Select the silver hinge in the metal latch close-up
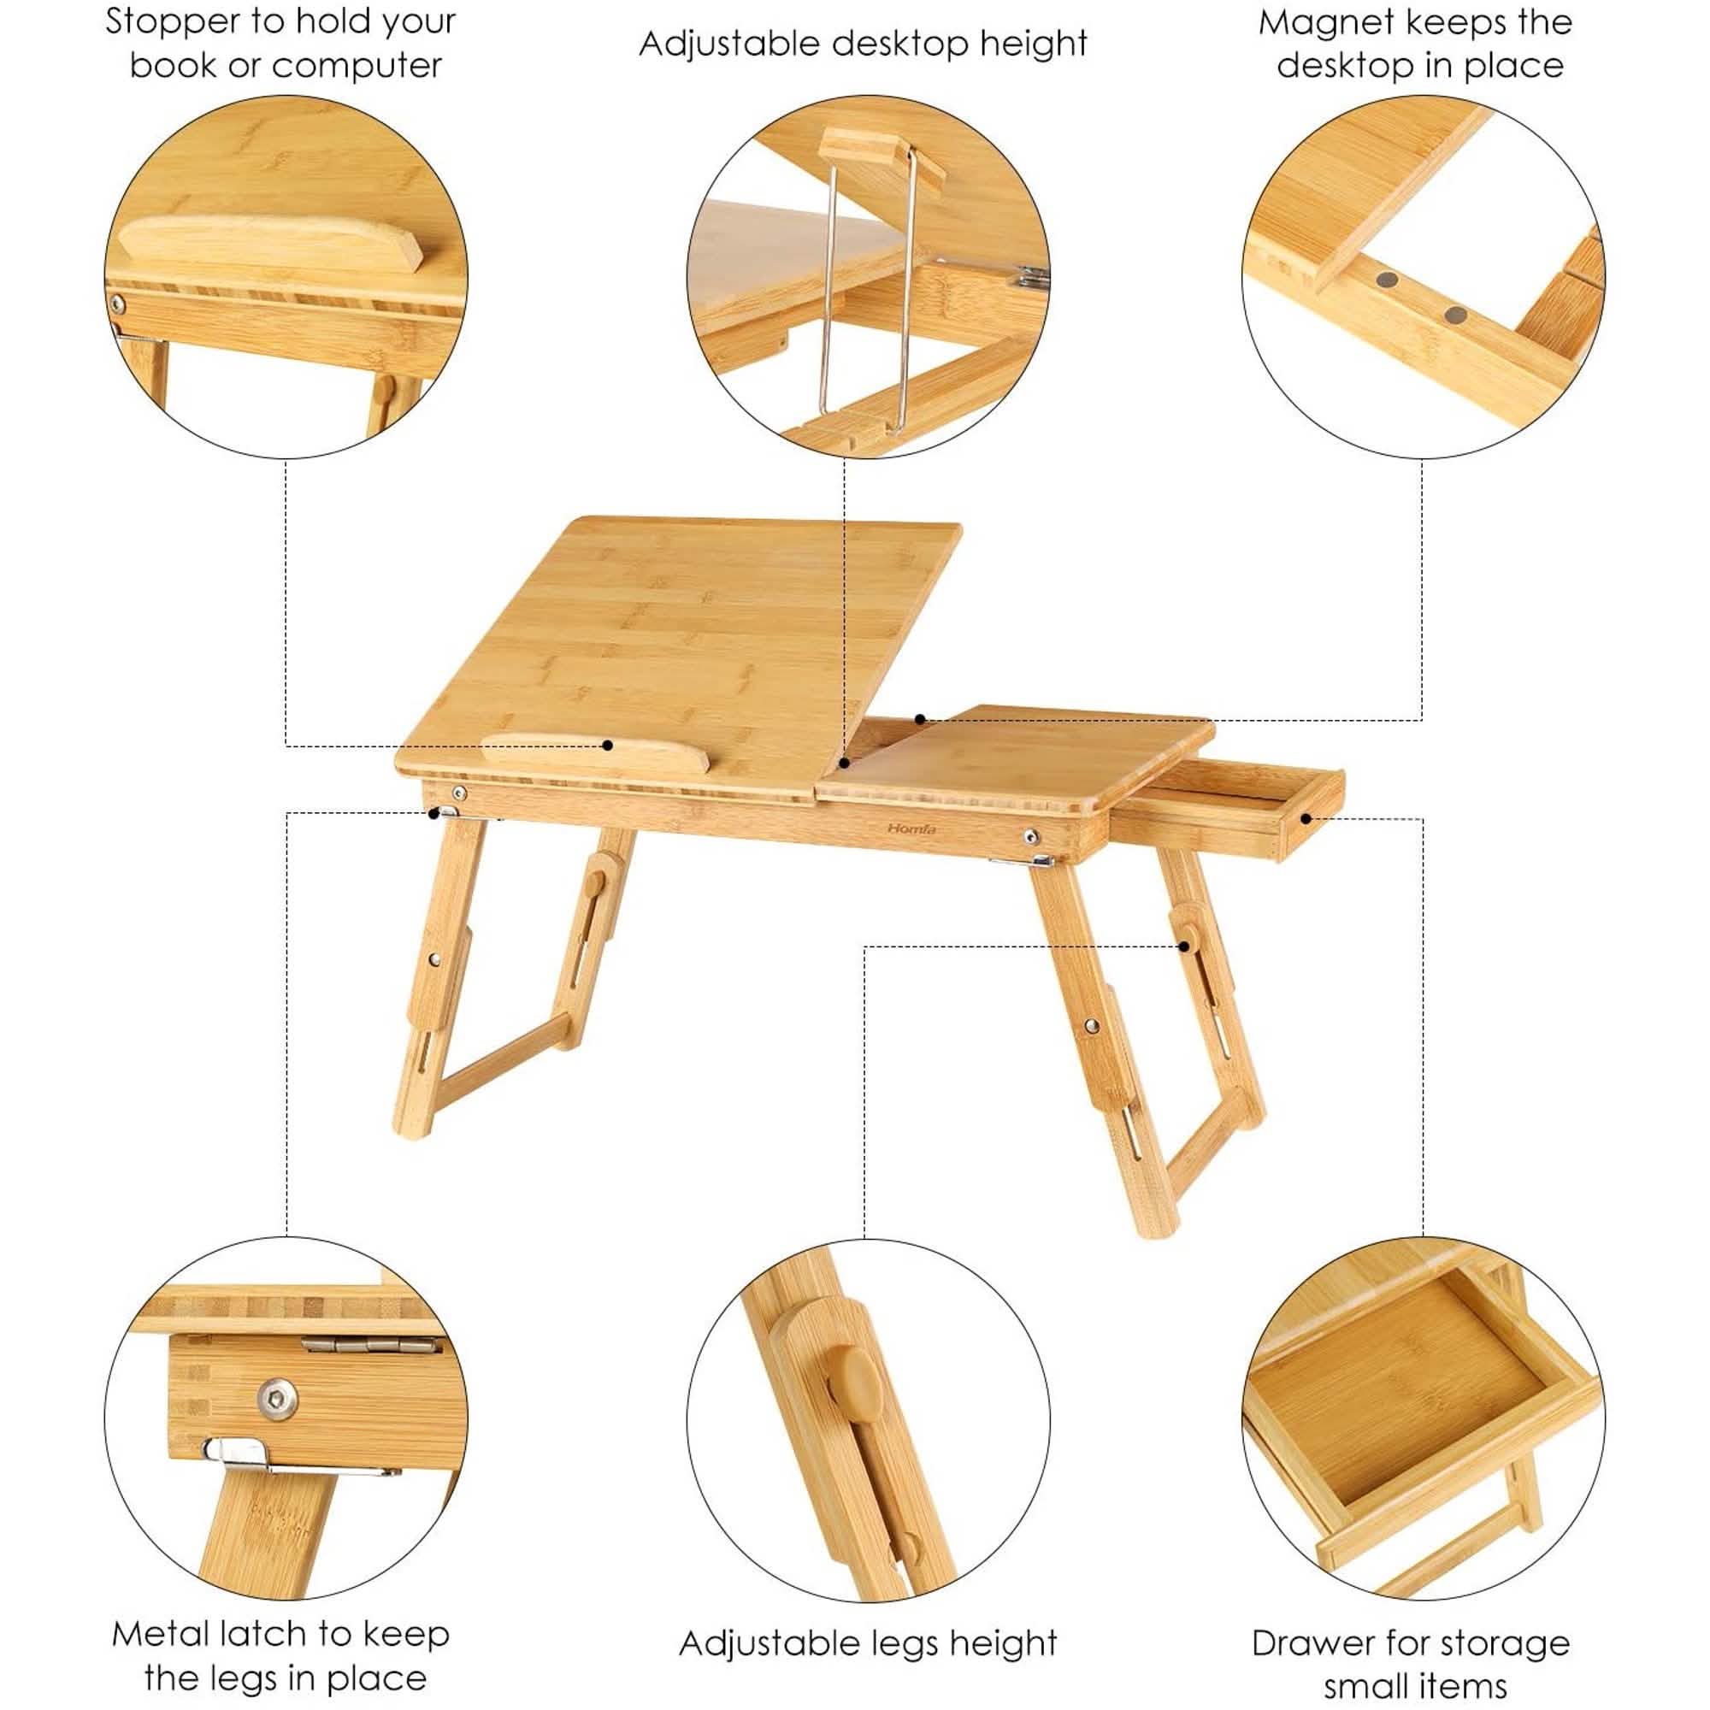370,1369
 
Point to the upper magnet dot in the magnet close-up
1386,280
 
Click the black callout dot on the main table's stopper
608,746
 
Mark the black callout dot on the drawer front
1306,819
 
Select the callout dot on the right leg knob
1183,946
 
